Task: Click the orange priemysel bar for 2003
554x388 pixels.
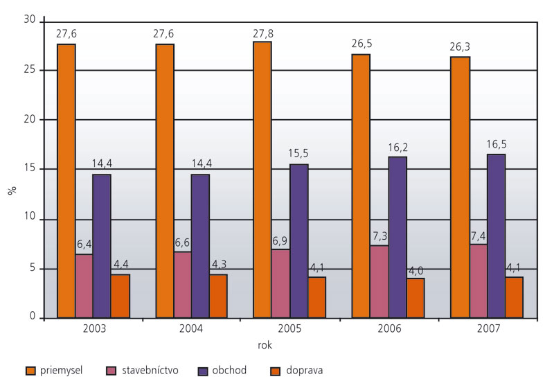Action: click(x=66, y=180)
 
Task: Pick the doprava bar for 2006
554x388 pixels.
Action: click(x=415, y=298)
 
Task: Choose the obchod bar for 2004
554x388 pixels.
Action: click(x=200, y=246)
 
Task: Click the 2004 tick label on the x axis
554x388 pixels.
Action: click(x=191, y=328)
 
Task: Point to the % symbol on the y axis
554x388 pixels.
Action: click(x=11, y=189)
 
